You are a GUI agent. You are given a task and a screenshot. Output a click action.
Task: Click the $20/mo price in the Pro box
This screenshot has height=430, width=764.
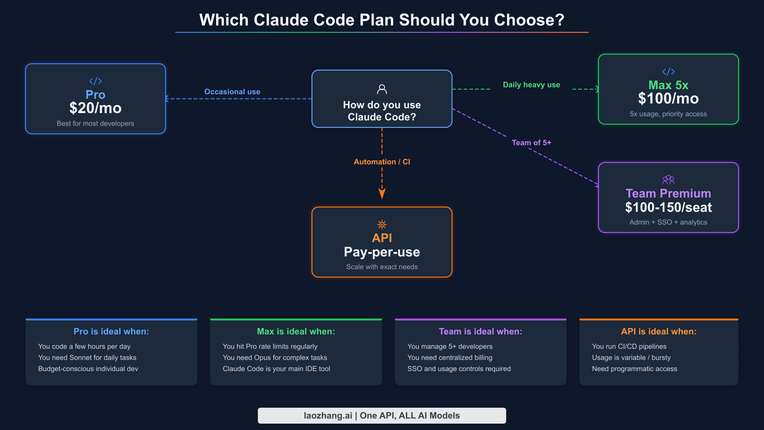click(x=95, y=108)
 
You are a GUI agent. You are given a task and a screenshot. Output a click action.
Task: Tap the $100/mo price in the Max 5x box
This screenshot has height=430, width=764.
click(x=668, y=99)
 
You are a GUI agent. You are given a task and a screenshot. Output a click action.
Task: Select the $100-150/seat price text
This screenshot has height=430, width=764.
click(x=668, y=207)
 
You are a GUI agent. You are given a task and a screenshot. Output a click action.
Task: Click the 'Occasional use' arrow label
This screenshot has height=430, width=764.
click(x=232, y=92)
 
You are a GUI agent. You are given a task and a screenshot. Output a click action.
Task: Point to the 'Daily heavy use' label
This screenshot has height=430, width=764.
click(x=531, y=85)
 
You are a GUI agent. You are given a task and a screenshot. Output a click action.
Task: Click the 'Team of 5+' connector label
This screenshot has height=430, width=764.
click(x=531, y=143)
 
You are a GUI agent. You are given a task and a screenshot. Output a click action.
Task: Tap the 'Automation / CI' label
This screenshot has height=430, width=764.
click(x=382, y=162)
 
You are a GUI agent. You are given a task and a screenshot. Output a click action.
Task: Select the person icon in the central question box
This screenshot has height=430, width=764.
click(x=382, y=89)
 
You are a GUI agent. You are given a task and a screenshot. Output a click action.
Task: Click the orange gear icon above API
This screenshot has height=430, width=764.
click(x=382, y=225)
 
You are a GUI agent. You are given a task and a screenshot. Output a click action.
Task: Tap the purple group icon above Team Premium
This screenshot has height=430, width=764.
click(x=668, y=180)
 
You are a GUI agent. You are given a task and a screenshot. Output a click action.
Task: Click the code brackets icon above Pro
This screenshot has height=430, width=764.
click(x=95, y=81)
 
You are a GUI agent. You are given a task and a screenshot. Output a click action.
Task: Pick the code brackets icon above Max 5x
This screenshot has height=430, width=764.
click(x=668, y=72)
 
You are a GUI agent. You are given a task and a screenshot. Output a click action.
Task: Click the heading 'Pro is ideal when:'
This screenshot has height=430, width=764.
click(x=111, y=332)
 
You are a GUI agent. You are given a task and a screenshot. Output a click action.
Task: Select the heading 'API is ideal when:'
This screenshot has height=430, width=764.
click(x=659, y=332)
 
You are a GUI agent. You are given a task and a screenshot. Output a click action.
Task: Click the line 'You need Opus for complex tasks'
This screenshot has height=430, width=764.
click(x=275, y=358)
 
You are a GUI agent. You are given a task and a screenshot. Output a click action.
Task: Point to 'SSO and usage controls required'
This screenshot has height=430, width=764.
click(x=459, y=369)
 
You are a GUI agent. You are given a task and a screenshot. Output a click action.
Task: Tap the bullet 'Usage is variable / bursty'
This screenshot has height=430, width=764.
click(x=631, y=358)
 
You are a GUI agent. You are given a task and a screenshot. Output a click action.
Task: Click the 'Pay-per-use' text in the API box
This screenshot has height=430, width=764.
click(x=382, y=252)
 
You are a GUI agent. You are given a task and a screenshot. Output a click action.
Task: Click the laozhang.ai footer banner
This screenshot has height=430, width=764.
click(x=382, y=416)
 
